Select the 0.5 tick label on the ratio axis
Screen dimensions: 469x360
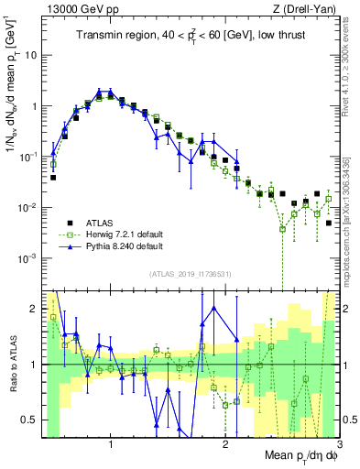(29, 420)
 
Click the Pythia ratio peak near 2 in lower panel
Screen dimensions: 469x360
(213, 307)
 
